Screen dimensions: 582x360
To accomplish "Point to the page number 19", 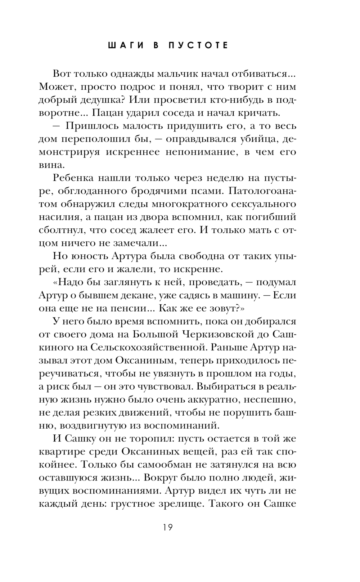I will tap(167, 528).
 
